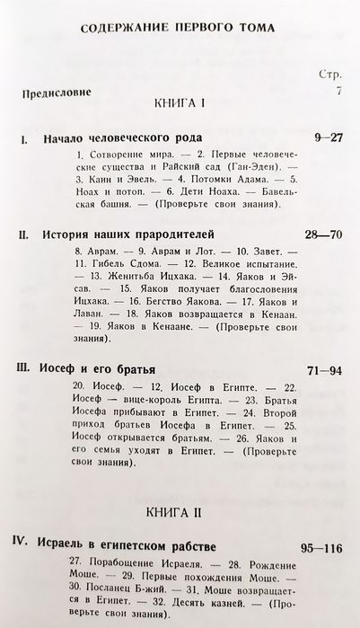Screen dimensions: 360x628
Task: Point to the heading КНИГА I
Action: point(180,106)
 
